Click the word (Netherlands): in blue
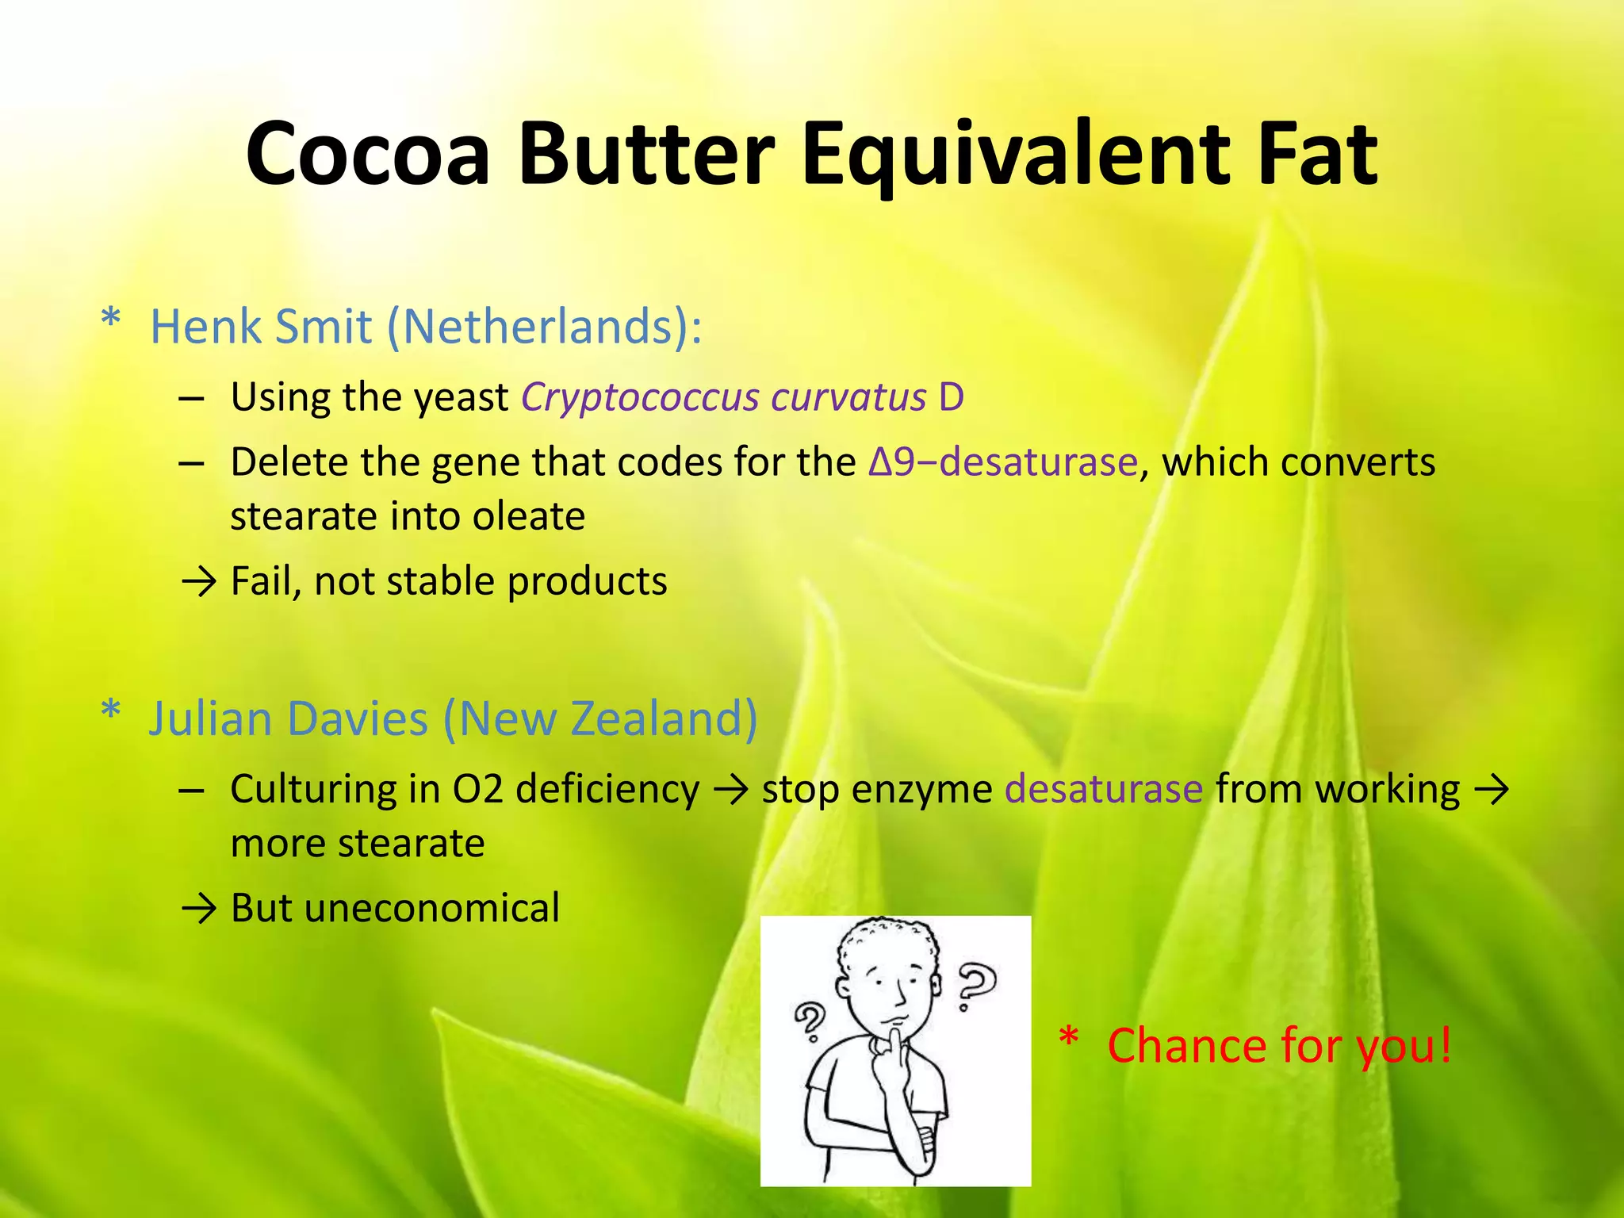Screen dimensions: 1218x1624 tap(544, 326)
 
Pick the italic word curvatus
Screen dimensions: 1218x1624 tap(848, 397)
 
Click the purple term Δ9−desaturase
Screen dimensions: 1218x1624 tap(1003, 462)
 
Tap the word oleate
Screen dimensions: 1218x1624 tap(529, 517)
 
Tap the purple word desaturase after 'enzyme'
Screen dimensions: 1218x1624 tap(1104, 790)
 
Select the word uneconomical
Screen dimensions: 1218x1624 tap(431, 908)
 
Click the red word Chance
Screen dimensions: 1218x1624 tap(1186, 1046)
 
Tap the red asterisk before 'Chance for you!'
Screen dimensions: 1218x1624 tap(1069, 1038)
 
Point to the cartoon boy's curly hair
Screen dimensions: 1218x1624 tap(889, 940)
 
